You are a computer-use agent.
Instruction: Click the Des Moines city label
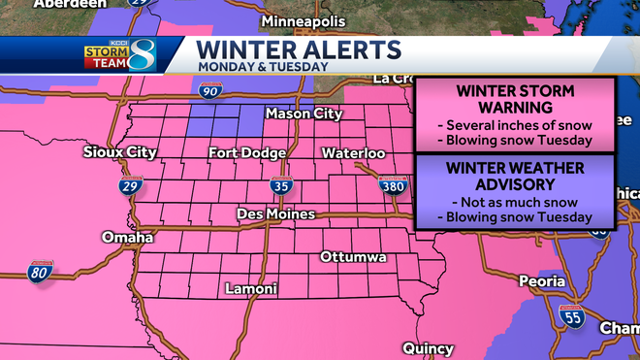276,213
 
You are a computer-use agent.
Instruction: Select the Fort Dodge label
247,153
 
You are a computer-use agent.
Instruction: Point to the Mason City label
304,115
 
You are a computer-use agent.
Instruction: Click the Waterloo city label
354,153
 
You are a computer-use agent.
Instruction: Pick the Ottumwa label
354,257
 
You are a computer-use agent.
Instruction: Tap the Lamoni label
251,289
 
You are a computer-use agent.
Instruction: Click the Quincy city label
427,348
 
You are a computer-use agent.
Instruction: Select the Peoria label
541,281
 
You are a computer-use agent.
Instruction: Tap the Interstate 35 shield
277,188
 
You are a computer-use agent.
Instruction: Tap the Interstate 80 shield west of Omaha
40,273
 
